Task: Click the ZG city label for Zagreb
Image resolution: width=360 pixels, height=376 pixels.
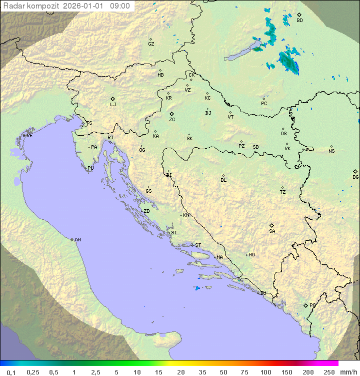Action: point(172,120)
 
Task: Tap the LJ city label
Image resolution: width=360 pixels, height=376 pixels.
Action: point(113,105)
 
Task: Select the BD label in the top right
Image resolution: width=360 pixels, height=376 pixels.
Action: point(299,21)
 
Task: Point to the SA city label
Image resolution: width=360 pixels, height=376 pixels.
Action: point(272,231)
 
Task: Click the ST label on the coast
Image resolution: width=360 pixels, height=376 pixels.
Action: point(198,245)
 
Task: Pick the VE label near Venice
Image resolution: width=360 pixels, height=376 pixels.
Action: point(29,136)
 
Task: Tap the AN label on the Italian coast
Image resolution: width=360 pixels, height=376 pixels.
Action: point(77,240)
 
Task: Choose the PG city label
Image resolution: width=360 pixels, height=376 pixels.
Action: point(312,305)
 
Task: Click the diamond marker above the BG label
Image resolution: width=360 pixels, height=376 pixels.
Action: point(355,171)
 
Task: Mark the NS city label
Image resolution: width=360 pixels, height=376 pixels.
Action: point(331,151)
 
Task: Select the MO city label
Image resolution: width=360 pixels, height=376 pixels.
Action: point(251,255)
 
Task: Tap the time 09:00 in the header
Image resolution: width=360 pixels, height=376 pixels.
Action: point(120,6)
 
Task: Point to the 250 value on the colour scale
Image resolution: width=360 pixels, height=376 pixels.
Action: point(328,372)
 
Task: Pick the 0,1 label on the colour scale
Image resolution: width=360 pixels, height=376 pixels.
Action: point(11,372)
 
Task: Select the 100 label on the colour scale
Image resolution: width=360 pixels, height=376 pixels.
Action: point(265,372)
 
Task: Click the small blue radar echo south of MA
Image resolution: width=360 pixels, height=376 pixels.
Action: point(197,288)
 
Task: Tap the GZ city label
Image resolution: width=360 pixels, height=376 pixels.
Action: point(151,44)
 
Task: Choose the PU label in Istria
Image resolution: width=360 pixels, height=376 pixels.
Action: point(90,168)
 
